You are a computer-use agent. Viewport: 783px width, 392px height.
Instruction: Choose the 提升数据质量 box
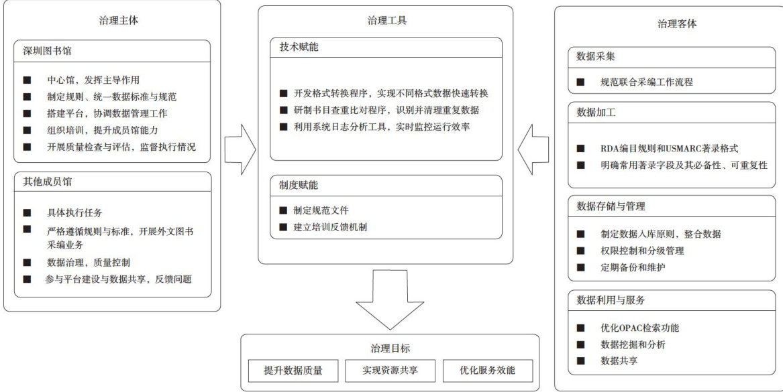(293, 371)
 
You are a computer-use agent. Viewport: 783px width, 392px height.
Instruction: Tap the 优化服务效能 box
(487, 371)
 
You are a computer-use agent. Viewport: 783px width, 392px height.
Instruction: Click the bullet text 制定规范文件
(321, 210)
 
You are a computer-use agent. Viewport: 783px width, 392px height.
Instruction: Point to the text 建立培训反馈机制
(329, 227)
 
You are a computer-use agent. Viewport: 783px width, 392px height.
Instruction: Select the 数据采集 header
(596, 56)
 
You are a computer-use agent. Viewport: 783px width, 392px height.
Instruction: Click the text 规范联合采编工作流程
(647, 82)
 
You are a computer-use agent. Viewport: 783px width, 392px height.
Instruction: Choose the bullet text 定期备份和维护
(633, 267)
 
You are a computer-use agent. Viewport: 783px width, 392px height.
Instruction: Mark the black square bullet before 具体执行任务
(27, 212)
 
